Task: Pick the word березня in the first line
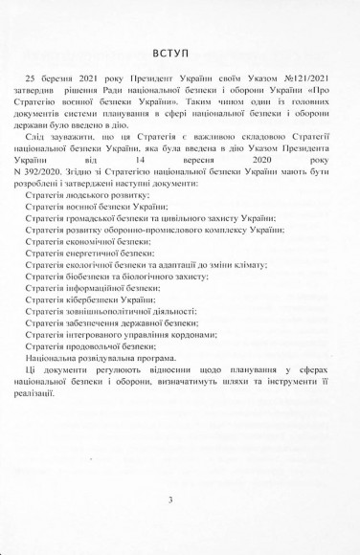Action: (x=74, y=100)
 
